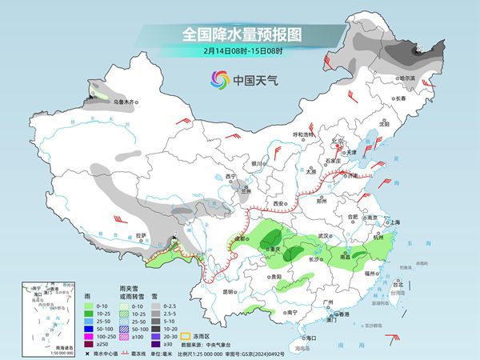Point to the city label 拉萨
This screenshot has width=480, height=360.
tap(142, 235)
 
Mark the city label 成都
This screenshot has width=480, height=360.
tap(237, 238)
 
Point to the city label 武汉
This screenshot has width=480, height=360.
tap(323, 237)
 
